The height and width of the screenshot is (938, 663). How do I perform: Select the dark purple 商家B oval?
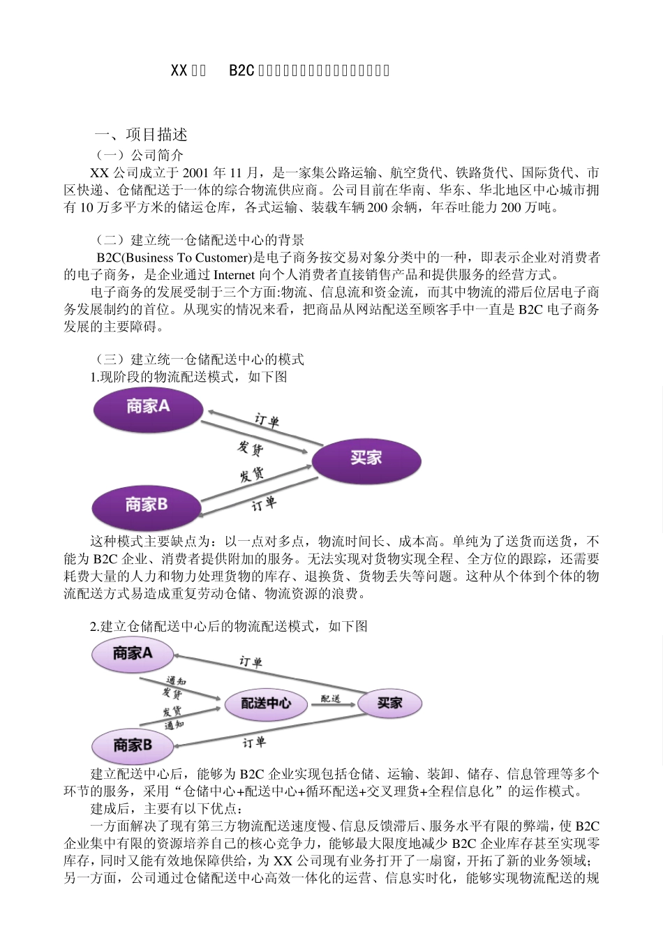click(x=147, y=505)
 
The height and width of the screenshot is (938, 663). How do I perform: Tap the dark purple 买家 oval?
click(x=366, y=459)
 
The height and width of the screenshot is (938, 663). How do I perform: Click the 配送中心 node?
click(x=266, y=703)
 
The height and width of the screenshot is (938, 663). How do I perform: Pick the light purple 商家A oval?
click(x=133, y=654)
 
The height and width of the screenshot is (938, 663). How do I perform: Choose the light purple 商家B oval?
click(x=133, y=745)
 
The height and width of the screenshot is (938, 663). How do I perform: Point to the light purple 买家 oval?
click(x=389, y=703)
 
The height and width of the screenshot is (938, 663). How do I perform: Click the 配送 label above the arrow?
click(x=330, y=698)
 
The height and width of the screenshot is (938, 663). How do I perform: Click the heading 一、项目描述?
click(x=141, y=135)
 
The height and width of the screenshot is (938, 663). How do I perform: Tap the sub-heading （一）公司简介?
click(x=140, y=155)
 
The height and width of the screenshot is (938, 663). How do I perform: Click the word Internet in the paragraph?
click(x=234, y=275)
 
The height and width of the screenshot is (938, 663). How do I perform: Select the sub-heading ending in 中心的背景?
click(x=200, y=241)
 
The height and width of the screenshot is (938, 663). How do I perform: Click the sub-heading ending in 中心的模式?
click(x=200, y=359)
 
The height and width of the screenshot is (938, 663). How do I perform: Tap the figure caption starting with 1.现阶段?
click(x=188, y=377)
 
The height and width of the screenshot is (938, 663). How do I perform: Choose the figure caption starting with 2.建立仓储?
click(x=229, y=626)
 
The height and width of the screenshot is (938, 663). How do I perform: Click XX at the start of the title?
click(x=179, y=70)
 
